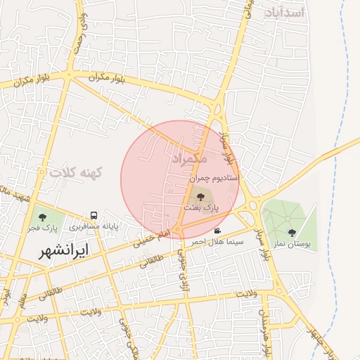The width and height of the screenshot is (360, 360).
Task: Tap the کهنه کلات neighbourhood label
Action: [x=76, y=172]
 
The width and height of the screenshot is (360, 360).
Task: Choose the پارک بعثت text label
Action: [x=202, y=208]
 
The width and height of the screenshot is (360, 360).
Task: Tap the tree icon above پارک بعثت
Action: [x=202, y=197]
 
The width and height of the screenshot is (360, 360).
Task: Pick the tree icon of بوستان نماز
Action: [x=292, y=233]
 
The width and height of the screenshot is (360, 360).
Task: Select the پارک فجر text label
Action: [x=42, y=228]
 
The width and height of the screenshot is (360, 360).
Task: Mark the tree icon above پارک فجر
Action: [x=43, y=217]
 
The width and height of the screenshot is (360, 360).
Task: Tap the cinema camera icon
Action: [x=218, y=231]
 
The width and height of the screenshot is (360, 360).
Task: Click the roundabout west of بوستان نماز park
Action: [x=253, y=205]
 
